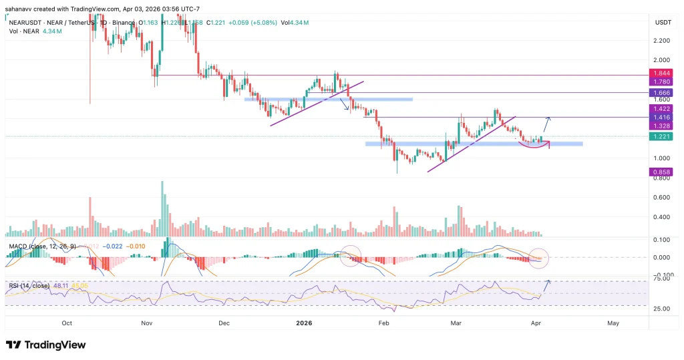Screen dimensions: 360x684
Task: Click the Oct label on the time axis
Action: point(67,323)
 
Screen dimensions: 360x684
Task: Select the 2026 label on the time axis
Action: point(304,323)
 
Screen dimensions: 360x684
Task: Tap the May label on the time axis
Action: point(613,323)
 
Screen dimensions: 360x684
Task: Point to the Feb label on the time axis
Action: point(384,323)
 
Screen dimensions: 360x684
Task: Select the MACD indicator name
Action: point(17,246)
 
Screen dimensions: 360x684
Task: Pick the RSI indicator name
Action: point(13,285)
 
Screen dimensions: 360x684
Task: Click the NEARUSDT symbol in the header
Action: point(23,22)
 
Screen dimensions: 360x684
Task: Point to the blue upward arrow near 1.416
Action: point(546,124)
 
